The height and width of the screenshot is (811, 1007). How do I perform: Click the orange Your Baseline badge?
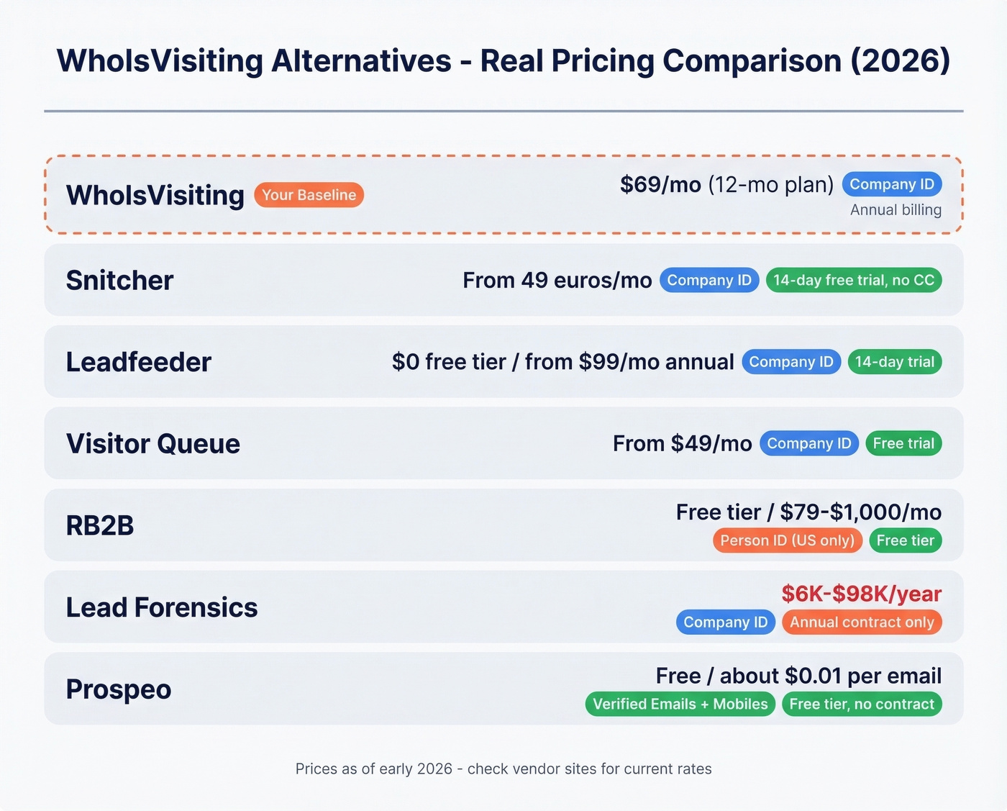pyautogui.click(x=309, y=195)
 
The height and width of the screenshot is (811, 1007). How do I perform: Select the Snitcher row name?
pyautogui.click(x=119, y=280)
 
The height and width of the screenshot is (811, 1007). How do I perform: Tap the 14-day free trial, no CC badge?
pyautogui.click(x=854, y=280)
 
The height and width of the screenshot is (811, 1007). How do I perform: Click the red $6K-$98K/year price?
pyautogui.click(x=861, y=594)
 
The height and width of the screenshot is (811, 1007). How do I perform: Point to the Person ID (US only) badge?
pyautogui.click(x=787, y=540)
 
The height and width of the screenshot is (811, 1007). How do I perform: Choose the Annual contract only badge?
pyautogui.click(x=862, y=622)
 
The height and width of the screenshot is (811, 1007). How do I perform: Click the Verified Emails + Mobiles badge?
pyautogui.click(x=680, y=704)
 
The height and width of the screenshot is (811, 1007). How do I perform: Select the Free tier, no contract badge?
pyautogui.click(x=862, y=704)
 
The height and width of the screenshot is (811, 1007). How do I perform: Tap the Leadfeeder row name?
pyautogui.click(x=138, y=362)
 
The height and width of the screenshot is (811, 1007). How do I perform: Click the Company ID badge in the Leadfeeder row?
pyautogui.click(x=791, y=362)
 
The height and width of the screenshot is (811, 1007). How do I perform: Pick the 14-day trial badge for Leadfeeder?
pyautogui.click(x=894, y=362)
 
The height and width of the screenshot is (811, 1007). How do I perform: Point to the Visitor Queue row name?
pyautogui.click(x=152, y=443)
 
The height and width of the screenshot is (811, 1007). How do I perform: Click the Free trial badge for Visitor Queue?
pyautogui.click(x=903, y=443)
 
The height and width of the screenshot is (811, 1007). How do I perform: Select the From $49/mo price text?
pyautogui.click(x=682, y=443)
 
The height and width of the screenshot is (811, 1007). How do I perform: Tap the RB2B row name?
pyautogui.click(x=100, y=525)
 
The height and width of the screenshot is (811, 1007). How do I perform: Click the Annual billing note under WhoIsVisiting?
pyautogui.click(x=896, y=210)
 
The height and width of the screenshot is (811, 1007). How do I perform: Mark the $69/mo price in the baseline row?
pyautogui.click(x=660, y=185)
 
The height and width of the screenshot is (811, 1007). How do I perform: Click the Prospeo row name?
pyautogui.click(x=119, y=689)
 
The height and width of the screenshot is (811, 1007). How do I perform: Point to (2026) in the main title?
pyautogui.click(x=900, y=60)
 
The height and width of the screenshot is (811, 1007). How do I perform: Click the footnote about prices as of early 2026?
pyautogui.click(x=503, y=769)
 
